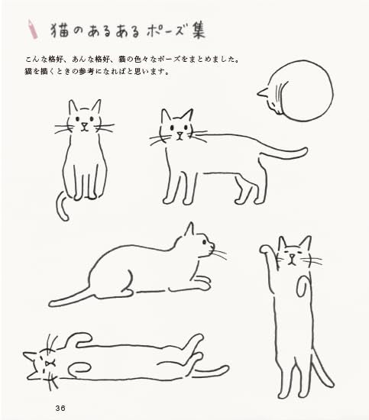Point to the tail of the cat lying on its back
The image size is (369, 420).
[x=210, y=373]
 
